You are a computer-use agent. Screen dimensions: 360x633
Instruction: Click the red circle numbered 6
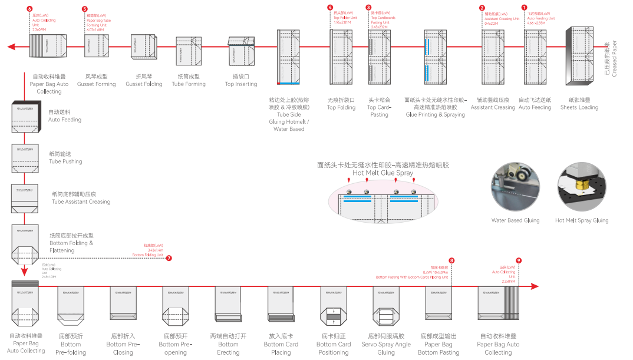pyautogui.click(x=30, y=9)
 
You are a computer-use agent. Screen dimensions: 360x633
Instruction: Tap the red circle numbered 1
pyautogui.click(x=525, y=8)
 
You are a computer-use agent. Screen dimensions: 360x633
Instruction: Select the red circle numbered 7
pyautogui.click(x=169, y=258)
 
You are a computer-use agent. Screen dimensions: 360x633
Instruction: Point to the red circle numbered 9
pyautogui.click(x=519, y=260)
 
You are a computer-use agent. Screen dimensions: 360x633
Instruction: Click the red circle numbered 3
pyautogui.click(x=368, y=8)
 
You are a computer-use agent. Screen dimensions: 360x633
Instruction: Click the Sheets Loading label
pyautogui.click(x=579, y=104)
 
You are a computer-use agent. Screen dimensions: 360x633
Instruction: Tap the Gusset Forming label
pyautogui.click(x=96, y=80)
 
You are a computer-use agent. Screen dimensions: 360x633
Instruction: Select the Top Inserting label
pyautogui.click(x=241, y=80)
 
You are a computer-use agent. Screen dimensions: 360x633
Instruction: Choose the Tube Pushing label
pyautogui.click(x=65, y=158)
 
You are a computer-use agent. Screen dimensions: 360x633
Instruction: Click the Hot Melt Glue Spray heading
pyautogui.click(x=383, y=170)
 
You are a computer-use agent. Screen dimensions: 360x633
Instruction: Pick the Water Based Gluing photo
pyautogui.click(x=515, y=189)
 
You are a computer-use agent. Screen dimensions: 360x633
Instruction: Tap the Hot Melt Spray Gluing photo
pyautogui.click(x=582, y=189)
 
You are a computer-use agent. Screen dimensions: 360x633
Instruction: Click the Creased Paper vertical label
pyautogui.click(x=611, y=59)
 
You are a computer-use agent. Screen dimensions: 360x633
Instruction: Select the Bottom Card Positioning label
pyautogui.click(x=334, y=344)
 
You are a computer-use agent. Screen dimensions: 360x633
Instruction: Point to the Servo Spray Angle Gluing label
pyautogui.click(x=386, y=344)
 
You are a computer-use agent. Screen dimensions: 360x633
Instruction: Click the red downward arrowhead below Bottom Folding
pyautogui.click(x=24, y=272)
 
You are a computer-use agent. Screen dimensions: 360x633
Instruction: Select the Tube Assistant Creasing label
pyautogui.click(x=81, y=198)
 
